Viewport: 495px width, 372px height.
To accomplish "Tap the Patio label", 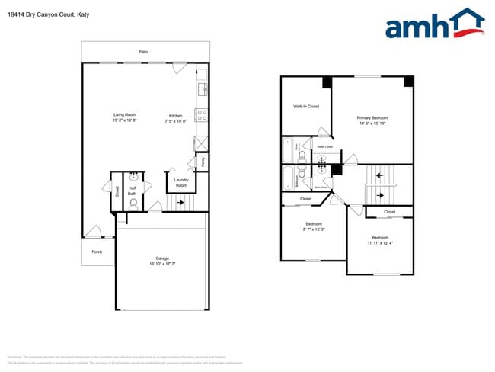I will pyautogui.click(x=142, y=52).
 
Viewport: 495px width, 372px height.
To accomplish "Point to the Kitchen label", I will pyautogui.click(x=176, y=115).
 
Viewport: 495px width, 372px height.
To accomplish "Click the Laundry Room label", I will pyautogui.click(x=181, y=183).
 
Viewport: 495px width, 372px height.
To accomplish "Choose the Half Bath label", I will pyautogui.click(x=133, y=191).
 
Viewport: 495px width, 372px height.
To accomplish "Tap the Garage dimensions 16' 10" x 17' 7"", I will pyautogui.click(x=162, y=264).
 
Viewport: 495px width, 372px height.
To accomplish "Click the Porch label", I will pyautogui.click(x=97, y=251).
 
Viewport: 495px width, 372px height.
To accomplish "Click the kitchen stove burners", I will pyautogui.click(x=202, y=116).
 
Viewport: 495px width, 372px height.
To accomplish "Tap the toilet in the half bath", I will pyautogui.click(x=133, y=204).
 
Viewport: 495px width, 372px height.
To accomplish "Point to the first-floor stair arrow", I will pyautogui.click(x=180, y=202).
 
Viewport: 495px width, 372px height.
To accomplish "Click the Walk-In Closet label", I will pyautogui.click(x=306, y=106).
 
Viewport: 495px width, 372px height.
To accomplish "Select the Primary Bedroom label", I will pyautogui.click(x=372, y=117).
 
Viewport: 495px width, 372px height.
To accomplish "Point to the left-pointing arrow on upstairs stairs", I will pyautogui.click(x=379, y=175).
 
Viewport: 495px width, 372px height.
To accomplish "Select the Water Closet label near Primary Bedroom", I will pyautogui.click(x=324, y=146).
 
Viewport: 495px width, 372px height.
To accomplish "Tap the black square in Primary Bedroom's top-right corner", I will pyautogui.click(x=408, y=81).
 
